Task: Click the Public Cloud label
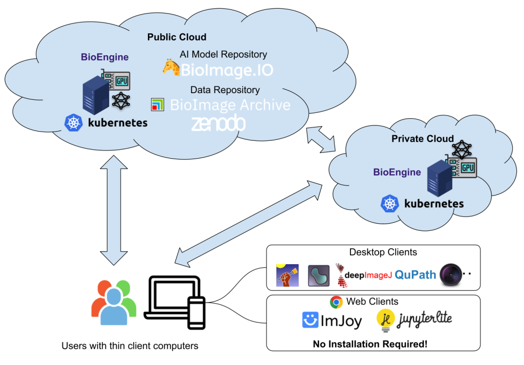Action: (177, 37)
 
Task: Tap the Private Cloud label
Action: (422, 139)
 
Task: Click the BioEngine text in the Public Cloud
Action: (104, 57)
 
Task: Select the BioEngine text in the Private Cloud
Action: (397, 173)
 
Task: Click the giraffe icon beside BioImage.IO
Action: (170, 68)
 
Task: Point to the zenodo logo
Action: (218, 124)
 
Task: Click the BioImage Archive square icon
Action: (157, 105)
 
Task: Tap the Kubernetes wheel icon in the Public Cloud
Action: (74, 123)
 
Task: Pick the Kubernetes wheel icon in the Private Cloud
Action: (389, 204)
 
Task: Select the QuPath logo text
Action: (415, 275)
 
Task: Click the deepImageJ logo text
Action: (368, 275)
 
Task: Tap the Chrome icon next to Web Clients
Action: (336, 302)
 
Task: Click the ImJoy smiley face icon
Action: (310, 320)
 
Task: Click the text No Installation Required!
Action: (370, 344)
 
